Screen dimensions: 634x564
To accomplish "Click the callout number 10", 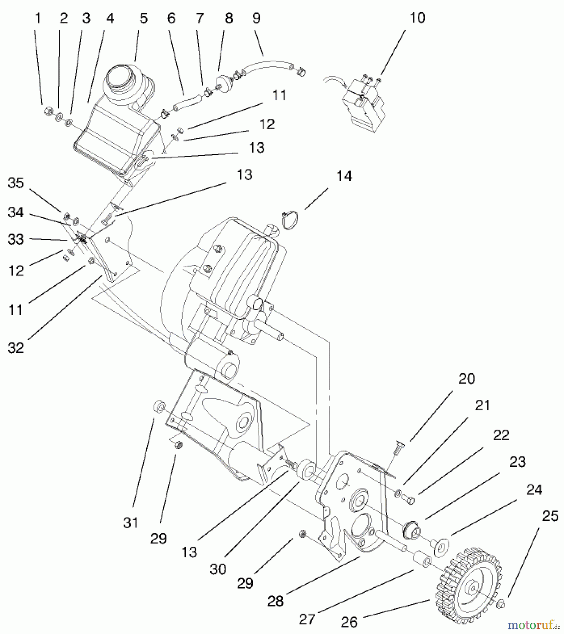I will (x=417, y=18).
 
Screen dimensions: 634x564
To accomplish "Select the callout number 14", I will (x=344, y=176).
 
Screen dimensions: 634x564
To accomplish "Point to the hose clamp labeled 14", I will (x=290, y=221).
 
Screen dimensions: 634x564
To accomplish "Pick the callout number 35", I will (x=16, y=183).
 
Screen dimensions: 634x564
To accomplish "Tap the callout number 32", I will (x=16, y=348).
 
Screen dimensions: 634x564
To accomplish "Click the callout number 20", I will (x=466, y=379).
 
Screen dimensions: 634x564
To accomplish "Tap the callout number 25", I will (x=550, y=516).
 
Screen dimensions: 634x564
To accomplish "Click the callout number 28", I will (x=275, y=601).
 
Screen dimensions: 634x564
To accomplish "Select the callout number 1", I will (x=38, y=18).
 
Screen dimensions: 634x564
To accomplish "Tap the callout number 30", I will (x=217, y=569).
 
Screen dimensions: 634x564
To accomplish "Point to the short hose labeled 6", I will (x=187, y=104).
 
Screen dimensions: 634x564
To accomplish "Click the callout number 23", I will (x=517, y=461).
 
